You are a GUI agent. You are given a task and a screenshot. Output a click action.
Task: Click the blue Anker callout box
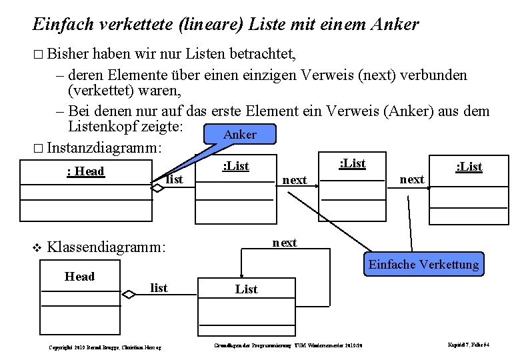pyautogui.click(x=239, y=135)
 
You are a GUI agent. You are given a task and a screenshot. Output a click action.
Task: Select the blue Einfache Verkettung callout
pyautogui.click(x=423, y=265)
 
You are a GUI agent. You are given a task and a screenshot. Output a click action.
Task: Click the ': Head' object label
pyautogui.click(x=86, y=171)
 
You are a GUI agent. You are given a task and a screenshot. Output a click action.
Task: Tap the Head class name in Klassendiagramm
pyautogui.click(x=79, y=277)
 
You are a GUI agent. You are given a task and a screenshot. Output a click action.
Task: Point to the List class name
pyautogui.click(x=246, y=289)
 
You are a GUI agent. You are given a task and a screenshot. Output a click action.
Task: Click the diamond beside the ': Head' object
pyautogui.click(x=157, y=189)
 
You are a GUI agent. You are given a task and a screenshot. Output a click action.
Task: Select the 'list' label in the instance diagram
pyautogui.click(x=174, y=179)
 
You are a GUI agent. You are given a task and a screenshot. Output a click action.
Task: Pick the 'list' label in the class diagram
pyautogui.click(x=159, y=288)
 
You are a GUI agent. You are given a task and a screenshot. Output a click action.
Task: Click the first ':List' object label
pyautogui.click(x=235, y=166)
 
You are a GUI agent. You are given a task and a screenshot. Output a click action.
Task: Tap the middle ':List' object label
pyautogui.click(x=353, y=163)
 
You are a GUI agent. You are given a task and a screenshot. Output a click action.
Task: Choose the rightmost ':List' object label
pyautogui.click(x=469, y=167)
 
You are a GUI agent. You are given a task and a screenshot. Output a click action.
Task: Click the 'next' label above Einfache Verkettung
pyautogui.click(x=285, y=243)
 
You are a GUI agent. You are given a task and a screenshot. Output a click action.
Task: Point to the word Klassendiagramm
pyautogui.click(x=107, y=248)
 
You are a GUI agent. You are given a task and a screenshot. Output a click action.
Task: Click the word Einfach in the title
pyautogui.click(x=61, y=25)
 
